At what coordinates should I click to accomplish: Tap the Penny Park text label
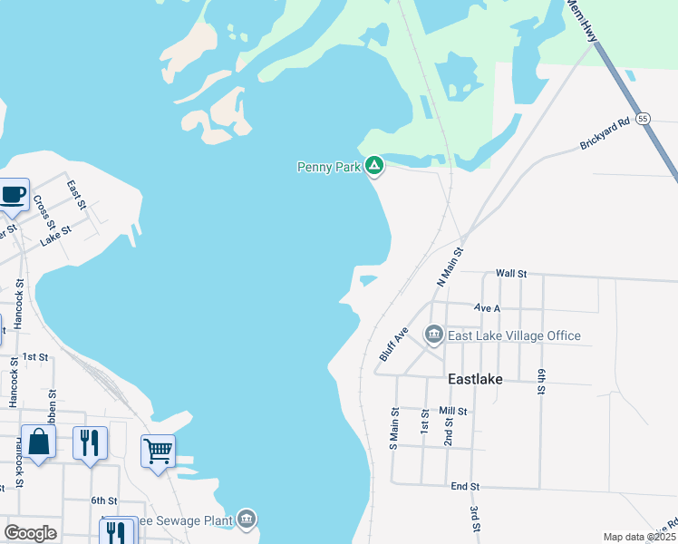[x=328, y=167]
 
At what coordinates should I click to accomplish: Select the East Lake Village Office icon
[x=433, y=335]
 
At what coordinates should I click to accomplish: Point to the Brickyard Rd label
[x=605, y=133]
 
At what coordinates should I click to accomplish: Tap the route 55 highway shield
[x=643, y=119]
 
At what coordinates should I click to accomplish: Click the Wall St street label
[x=511, y=273]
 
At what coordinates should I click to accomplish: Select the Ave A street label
[x=487, y=308]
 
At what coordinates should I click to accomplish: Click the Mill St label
[x=452, y=411]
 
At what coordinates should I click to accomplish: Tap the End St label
[x=465, y=487]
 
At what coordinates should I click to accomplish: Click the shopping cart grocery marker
[x=158, y=450]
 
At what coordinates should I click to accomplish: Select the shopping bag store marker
[x=39, y=442]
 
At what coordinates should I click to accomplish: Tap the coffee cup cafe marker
[x=13, y=194]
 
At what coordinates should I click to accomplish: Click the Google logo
[x=30, y=533]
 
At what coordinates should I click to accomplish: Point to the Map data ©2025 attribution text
[x=638, y=537]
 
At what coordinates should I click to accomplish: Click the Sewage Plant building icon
[x=247, y=519]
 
